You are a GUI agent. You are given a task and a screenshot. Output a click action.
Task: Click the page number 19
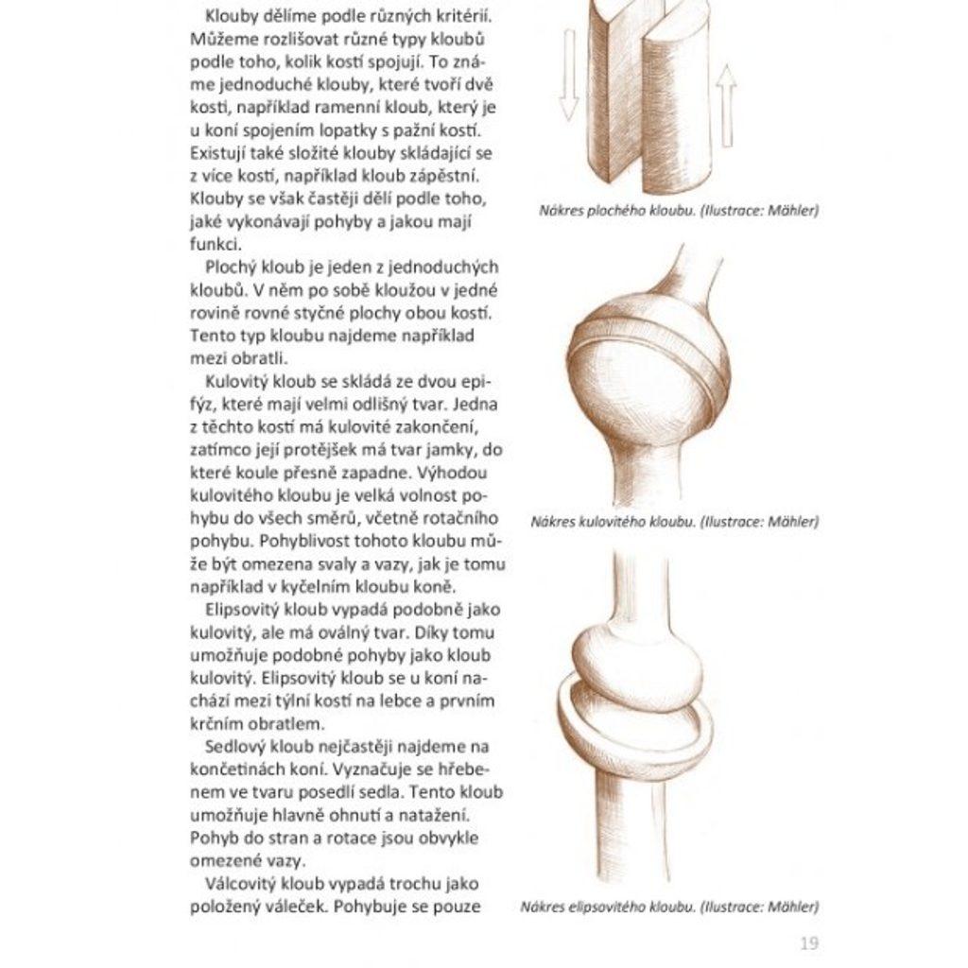coord(808,942)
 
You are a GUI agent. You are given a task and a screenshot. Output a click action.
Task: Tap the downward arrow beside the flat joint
coord(568,75)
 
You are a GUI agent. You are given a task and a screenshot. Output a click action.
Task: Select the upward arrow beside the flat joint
coord(725,105)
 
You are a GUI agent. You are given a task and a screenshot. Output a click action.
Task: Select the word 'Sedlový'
coord(236,747)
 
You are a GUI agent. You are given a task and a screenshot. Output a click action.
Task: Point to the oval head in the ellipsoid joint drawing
coord(638,662)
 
